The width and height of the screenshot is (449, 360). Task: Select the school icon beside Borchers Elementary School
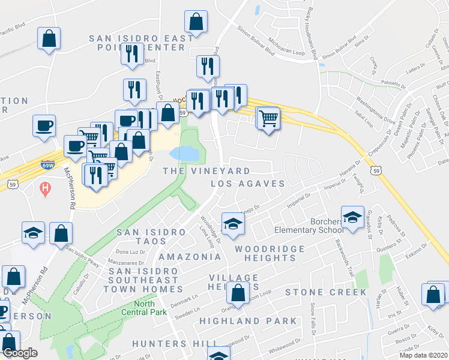click(352, 217)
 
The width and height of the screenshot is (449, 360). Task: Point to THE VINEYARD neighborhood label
click(206, 171)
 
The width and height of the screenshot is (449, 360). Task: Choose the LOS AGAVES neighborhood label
click(247, 184)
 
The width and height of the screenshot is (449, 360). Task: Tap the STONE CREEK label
click(325, 292)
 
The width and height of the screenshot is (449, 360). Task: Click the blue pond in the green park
click(184, 154)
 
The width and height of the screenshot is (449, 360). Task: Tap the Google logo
click(20, 353)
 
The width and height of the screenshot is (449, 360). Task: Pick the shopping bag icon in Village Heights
click(238, 293)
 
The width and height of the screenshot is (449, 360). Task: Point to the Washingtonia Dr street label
click(375, 108)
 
